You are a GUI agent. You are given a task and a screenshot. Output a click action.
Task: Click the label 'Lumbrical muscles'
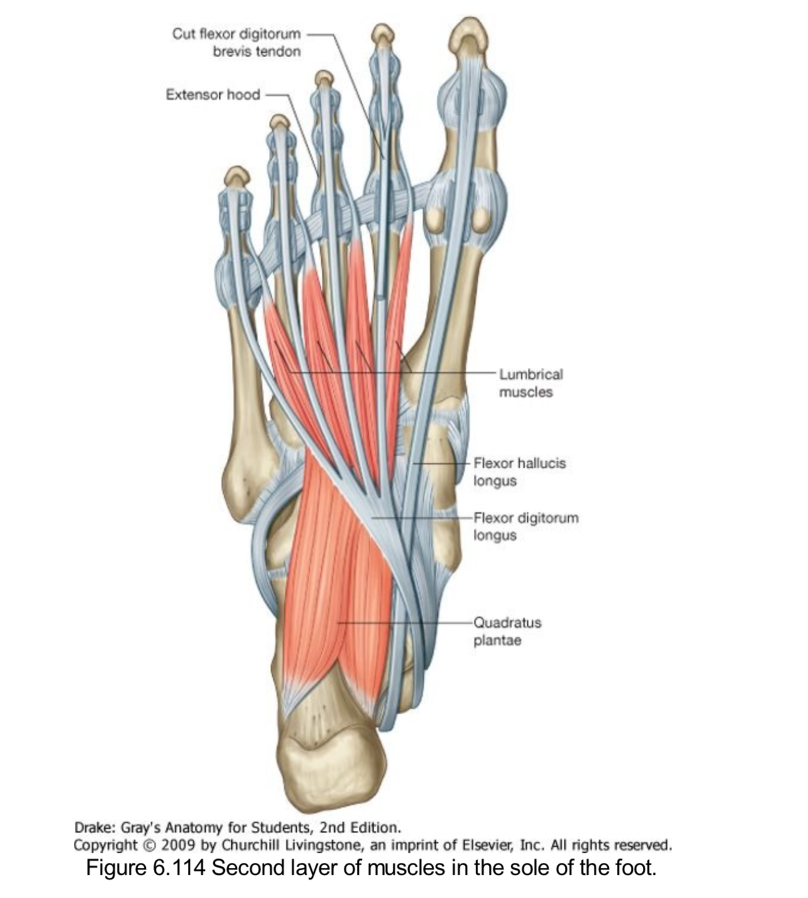pyautogui.click(x=531, y=383)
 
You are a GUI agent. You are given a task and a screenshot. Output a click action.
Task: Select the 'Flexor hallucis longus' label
pyautogui.click(x=519, y=472)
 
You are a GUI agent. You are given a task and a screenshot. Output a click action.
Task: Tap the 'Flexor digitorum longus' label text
pyautogui.click(x=525, y=526)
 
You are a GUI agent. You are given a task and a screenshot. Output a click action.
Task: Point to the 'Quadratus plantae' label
pyautogui.click(x=506, y=631)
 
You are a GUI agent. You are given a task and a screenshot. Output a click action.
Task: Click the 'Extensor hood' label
pyautogui.click(x=212, y=94)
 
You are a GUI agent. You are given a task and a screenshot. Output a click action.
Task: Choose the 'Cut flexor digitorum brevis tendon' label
pyautogui.click(x=237, y=42)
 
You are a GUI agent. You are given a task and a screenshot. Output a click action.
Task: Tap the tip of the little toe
pyautogui.click(x=237, y=176)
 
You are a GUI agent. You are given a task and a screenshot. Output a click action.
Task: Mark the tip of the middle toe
pyautogui.click(x=324, y=78)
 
